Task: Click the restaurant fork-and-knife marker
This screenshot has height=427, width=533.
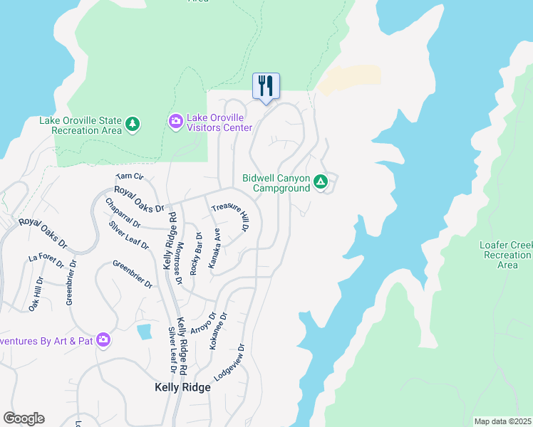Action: (x=266, y=86)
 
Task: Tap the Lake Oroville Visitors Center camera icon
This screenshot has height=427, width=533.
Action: (x=175, y=122)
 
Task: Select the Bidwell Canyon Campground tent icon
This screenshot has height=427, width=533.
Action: (x=321, y=183)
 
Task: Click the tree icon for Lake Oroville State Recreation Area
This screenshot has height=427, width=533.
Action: (x=133, y=125)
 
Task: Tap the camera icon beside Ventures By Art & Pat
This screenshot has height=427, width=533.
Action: (x=103, y=340)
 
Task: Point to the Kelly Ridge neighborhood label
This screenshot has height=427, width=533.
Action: (x=182, y=388)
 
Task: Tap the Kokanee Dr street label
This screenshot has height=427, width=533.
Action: (x=217, y=330)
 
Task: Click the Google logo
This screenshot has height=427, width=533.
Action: (x=24, y=418)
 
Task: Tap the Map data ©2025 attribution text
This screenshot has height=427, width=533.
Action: (x=503, y=421)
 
